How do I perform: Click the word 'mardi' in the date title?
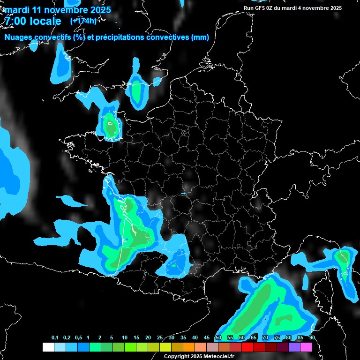(17, 10)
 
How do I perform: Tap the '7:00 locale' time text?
(33, 21)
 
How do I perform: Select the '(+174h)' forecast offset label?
(84, 21)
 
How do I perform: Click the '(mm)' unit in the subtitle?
(200, 37)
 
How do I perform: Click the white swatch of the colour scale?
(48, 347)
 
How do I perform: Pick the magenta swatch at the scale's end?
(306, 347)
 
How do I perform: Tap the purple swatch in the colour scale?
(294, 347)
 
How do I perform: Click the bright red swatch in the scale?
(247, 347)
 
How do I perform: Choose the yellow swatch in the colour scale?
(165, 347)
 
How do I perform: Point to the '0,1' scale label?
(54, 338)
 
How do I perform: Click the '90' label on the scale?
(312, 338)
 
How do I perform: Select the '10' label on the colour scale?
(124, 338)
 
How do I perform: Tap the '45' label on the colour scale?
(207, 338)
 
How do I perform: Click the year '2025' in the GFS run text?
(334, 8)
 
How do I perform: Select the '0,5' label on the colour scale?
(78, 338)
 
